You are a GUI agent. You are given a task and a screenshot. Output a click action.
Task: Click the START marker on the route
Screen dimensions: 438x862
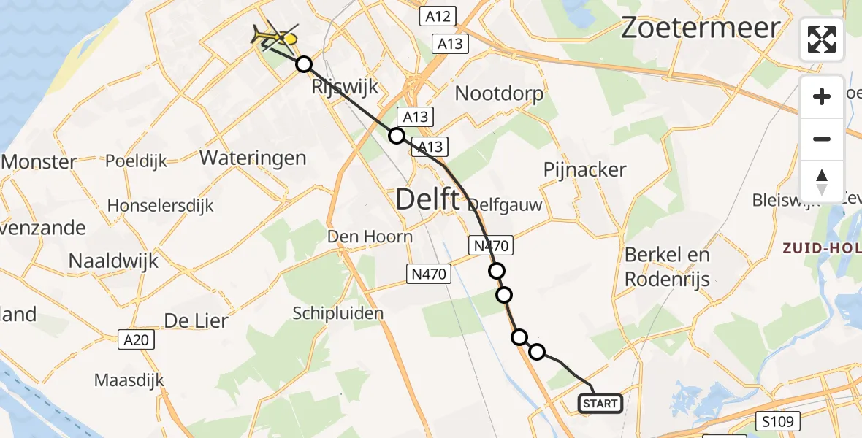600,403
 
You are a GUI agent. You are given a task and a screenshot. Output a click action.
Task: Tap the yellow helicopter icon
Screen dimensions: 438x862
275,36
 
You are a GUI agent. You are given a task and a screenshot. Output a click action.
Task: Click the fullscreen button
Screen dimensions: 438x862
822,39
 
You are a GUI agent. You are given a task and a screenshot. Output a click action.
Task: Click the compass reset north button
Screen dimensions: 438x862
822,181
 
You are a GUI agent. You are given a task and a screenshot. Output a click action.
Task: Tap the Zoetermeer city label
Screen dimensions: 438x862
701,28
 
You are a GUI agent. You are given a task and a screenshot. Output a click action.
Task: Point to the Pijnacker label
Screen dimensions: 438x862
585,170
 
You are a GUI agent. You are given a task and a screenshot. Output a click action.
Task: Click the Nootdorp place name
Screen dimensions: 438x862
499,93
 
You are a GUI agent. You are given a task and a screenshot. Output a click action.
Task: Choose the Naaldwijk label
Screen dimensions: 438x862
113,261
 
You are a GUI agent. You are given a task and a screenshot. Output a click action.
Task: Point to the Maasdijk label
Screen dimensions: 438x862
129,380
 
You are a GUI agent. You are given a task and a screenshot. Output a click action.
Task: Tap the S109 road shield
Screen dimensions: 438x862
779,421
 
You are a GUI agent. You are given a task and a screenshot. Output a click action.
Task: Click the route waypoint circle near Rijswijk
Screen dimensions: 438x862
304,65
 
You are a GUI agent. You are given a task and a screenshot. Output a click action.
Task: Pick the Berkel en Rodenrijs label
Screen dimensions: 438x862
668,266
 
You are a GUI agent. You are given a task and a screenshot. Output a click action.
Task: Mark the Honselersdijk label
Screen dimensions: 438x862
161,206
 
